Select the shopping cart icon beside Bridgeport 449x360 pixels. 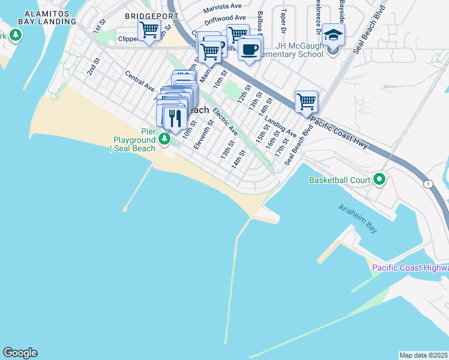(149, 29)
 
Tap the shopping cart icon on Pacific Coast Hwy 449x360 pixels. (306, 101)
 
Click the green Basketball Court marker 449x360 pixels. (379, 179)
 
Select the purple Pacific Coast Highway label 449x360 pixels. (410, 268)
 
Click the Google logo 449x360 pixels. (20, 353)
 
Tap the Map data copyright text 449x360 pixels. (423, 355)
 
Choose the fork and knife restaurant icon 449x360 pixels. (175, 118)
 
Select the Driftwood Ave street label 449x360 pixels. (224, 19)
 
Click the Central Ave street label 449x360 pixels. (139, 82)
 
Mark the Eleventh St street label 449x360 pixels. (204, 134)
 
